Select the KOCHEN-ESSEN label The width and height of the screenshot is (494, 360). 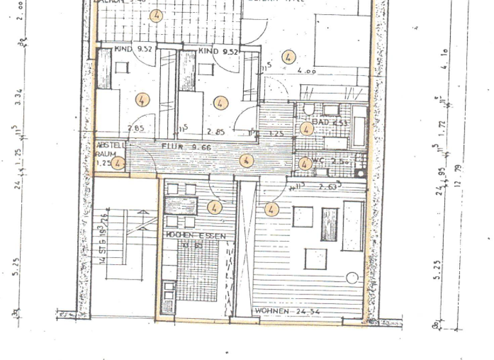196,236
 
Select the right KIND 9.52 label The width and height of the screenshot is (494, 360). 218,51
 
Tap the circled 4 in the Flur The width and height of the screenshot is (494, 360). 245,161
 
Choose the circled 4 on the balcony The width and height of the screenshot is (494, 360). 156,14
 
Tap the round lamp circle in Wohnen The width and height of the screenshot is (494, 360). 351,279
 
